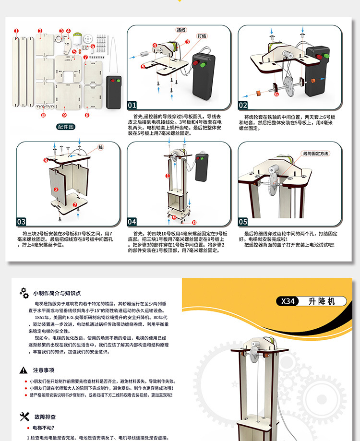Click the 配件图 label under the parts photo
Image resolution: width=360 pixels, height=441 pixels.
[65, 127]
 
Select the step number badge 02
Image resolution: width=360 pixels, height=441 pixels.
[243, 106]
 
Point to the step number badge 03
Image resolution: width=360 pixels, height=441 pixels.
[22, 222]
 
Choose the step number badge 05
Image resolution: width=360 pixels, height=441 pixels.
[243, 222]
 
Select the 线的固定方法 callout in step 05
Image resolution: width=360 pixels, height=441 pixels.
[315, 154]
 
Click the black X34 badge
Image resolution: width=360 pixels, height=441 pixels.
[288, 301]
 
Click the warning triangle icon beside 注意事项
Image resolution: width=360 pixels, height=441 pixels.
[23, 370]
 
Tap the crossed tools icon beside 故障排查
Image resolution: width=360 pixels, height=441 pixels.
[24, 416]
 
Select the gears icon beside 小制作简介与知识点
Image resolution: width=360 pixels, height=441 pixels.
[24, 293]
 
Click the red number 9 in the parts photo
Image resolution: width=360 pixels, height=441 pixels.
[64, 115]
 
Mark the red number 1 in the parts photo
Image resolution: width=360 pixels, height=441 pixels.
[16, 31]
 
